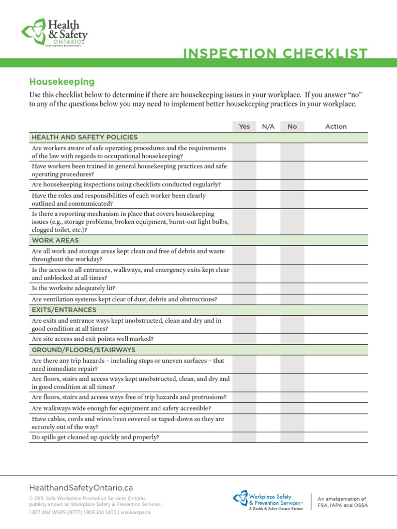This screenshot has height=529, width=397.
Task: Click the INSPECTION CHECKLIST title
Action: pos(276,54)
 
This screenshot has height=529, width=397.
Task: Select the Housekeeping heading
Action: pos(62,82)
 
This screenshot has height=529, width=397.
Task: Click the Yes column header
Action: pos(245,127)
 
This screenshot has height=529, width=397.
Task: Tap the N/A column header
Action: pos(268,127)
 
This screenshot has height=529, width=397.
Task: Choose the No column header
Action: pos(292,127)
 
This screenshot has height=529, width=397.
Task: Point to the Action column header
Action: pos(336,127)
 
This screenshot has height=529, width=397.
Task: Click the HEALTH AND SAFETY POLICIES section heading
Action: pos(85,137)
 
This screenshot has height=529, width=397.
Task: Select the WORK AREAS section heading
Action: pos(55,240)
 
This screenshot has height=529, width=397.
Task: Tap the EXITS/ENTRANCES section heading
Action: pos(64,310)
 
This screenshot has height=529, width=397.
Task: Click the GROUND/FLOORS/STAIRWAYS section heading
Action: pos(84,350)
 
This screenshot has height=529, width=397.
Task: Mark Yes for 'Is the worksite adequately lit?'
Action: pos(245,288)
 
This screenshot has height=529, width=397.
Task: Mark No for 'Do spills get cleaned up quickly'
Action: pos(292,437)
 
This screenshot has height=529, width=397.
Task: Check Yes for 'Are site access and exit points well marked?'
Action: pos(245,339)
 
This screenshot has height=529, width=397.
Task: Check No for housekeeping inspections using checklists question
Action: pos(292,184)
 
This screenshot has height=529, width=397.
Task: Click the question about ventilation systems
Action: pos(125,299)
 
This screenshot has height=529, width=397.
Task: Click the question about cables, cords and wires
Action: pos(128,423)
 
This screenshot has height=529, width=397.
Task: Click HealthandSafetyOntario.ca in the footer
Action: pos(81,488)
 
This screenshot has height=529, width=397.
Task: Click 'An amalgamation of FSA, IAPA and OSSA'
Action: pos(343,502)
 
